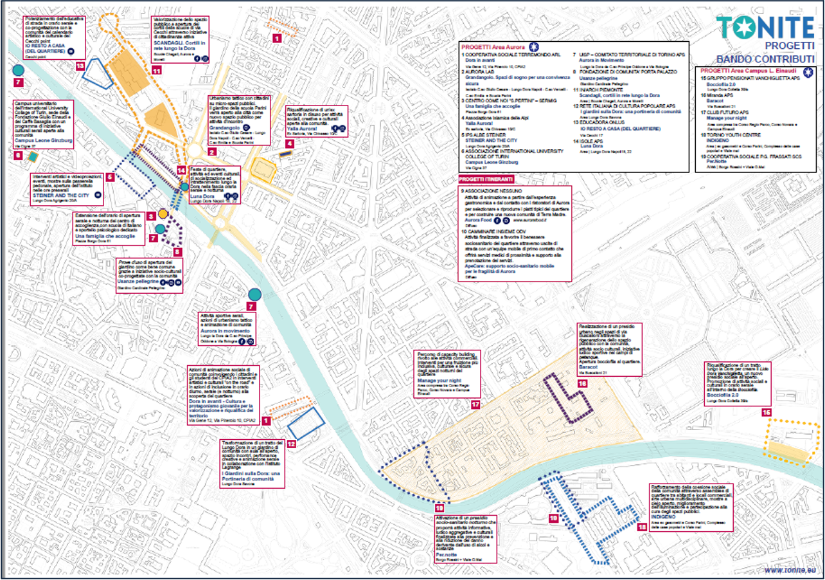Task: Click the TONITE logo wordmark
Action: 765,27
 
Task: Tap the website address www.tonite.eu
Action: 790,569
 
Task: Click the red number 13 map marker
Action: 80,66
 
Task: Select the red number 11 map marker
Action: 156,70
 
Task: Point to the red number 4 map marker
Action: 290,144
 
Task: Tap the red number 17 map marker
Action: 475,405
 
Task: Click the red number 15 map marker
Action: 766,412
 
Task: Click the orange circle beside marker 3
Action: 163,213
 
